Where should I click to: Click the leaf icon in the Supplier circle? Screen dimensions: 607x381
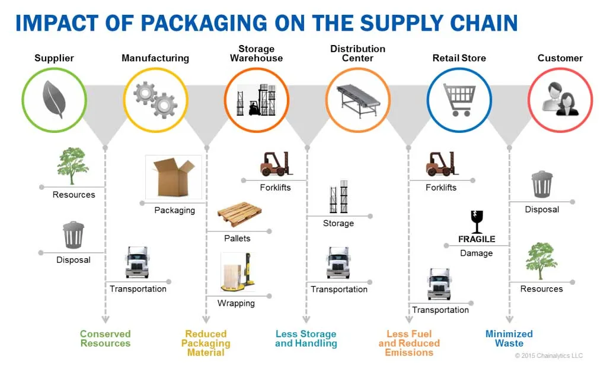coord(53,100)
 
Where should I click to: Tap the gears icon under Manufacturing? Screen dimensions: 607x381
coord(155,100)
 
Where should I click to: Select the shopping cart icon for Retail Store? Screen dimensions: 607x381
coord(459,100)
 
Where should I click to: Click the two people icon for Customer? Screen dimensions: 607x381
coord(560,100)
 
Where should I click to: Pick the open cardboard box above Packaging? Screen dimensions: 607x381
coord(173,176)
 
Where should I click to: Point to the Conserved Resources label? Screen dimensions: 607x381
coord(105,338)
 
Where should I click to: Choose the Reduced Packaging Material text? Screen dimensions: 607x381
coord(206,343)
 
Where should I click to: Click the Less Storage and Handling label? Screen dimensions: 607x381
coord(306,338)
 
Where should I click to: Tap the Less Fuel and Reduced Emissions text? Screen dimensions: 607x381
coord(409,343)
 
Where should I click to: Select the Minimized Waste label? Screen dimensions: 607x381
coord(509,338)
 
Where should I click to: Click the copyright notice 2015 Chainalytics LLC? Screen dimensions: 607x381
coord(548,355)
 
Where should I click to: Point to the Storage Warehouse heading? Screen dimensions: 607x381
coord(256,53)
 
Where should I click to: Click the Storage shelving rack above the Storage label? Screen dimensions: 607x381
coord(338,198)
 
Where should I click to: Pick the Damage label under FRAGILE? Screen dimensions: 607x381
coord(476,253)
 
